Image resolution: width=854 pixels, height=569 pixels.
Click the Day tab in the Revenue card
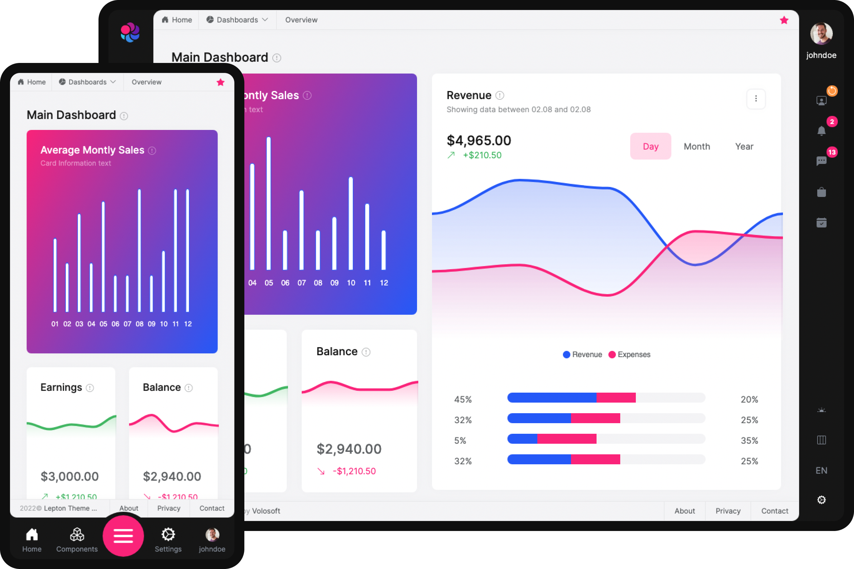coord(650,146)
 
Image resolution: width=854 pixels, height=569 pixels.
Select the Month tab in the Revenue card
coord(697,146)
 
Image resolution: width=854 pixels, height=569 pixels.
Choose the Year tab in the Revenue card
coord(744,146)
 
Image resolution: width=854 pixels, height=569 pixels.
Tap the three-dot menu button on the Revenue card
coord(756,99)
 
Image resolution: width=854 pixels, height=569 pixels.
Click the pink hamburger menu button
coord(123,536)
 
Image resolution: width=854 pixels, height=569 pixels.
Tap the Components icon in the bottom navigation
coord(77,534)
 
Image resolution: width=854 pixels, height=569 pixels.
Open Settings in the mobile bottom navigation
coord(168,534)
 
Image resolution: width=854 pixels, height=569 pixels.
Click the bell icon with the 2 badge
coord(821,131)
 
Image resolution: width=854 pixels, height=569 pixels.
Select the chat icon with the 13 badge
coord(821,161)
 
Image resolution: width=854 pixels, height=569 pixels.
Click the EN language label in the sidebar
coord(821,470)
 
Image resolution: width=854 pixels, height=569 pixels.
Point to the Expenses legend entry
coord(633,355)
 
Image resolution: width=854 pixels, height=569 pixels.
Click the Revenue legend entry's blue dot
coord(566,355)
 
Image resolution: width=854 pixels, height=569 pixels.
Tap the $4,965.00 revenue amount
coord(479,141)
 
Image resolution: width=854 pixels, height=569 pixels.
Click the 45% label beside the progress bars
coord(463,399)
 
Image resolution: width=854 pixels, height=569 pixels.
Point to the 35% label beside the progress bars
coord(749,441)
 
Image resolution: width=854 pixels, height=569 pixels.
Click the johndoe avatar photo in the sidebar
coord(821,34)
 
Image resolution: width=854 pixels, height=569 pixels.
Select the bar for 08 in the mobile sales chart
coord(139,251)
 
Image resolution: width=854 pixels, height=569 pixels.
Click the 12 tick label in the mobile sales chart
coord(188,324)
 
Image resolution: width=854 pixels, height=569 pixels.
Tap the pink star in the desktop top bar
coord(784,20)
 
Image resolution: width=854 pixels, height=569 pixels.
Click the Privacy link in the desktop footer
coord(728,511)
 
